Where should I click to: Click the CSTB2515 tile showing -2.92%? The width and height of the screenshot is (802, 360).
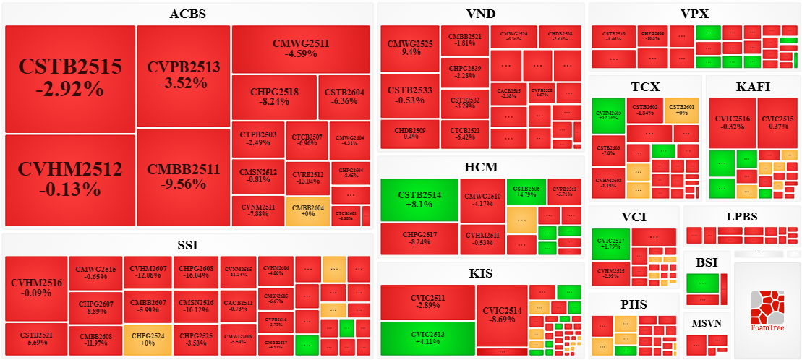point(70,78)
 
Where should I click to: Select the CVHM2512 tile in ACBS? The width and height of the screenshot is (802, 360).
point(70,179)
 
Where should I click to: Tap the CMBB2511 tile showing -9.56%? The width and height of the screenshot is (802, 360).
point(183,176)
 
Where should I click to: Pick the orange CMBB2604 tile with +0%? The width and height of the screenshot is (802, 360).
point(307,211)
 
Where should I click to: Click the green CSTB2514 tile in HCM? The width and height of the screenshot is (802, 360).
point(419,200)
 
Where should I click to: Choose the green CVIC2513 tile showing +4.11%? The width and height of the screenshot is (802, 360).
point(427,338)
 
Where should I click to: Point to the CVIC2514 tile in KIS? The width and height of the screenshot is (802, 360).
point(502,314)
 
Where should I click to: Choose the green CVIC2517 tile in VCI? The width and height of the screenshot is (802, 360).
point(610,244)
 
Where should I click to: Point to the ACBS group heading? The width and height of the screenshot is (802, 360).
point(187,14)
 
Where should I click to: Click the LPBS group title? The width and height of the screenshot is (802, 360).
point(741,216)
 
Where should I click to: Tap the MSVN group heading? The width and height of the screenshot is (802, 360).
point(706,322)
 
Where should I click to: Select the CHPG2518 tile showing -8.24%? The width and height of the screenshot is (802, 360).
point(274,97)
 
